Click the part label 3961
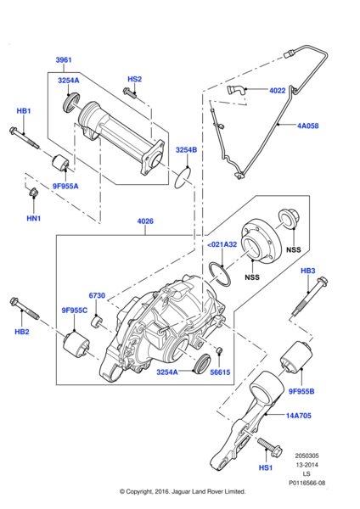click(65, 60)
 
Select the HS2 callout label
click(134, 79)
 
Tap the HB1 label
click(24, 111)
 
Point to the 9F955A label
click(65, 186)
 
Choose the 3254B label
click(186, 150)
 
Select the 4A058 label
click(308, 126)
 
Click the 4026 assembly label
click(146, 222)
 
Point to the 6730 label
click(97, 295)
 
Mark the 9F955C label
click(74, 310)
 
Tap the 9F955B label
click(301, 391)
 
